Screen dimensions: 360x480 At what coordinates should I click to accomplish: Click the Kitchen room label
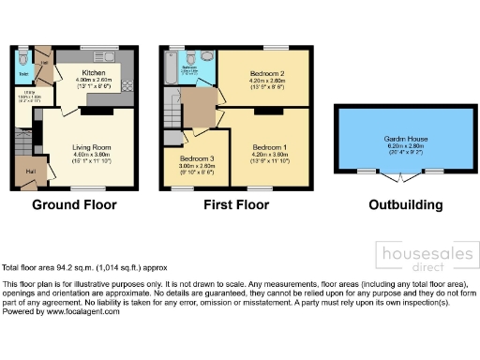point(94,73)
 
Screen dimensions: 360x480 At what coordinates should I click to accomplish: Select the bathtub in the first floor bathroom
point(170,67)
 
